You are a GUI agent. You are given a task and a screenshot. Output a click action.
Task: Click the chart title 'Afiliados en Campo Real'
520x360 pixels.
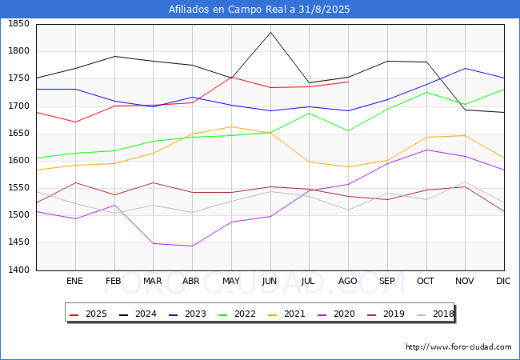[259, 10]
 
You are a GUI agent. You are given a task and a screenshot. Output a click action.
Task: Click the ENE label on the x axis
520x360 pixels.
[74, 282]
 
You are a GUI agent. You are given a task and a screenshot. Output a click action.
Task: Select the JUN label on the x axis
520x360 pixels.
[270, 282]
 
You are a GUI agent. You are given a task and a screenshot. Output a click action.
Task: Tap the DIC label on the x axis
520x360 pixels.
[503, 282]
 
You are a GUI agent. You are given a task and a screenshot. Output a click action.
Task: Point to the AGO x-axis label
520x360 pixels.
[348, 282]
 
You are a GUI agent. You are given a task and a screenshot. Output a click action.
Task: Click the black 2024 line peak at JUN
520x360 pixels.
[270, 32]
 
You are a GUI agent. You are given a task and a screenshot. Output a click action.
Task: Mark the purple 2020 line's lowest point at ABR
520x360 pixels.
[192, 246]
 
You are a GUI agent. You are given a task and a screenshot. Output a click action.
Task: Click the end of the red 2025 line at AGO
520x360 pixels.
[348, 82]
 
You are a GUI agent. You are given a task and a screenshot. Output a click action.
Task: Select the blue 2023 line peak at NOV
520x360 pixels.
[465, 68]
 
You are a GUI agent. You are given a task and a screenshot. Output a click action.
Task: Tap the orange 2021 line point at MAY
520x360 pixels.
[231, 126]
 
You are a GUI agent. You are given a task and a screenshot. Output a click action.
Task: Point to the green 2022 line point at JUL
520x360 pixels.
[309, 113]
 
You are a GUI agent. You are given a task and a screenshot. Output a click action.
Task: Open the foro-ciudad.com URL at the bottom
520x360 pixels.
[458, 347]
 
